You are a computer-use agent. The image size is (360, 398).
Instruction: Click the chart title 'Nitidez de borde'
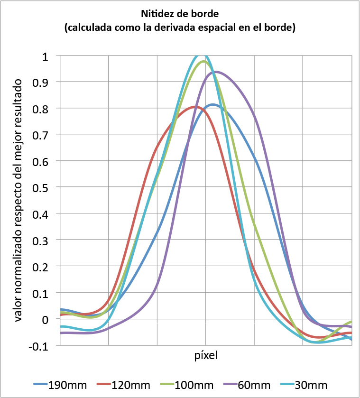[x=179, y=13]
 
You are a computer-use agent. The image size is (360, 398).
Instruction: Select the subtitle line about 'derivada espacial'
[x=179, y=28]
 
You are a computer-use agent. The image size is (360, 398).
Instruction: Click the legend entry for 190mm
[x=59, y=384]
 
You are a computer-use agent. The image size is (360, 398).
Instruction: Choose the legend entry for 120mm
[x=122, y=384]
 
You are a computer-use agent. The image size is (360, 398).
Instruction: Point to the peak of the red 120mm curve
[x=195, y=107]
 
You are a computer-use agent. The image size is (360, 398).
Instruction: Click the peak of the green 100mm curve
[x=203, y=61]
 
